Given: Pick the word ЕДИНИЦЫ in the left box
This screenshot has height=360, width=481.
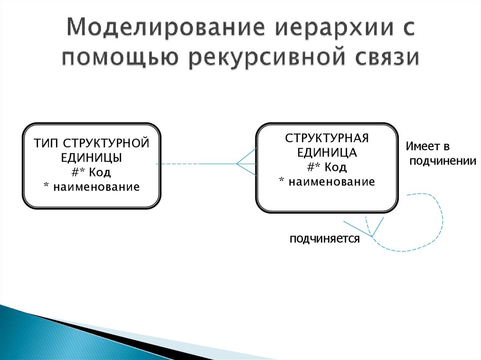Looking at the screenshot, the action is (92, 158).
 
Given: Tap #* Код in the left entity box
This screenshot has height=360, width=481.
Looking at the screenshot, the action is (91, 172).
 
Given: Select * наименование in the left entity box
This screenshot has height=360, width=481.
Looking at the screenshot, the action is (92, 187).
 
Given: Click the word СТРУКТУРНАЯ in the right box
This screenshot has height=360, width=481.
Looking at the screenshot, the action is (327, 138).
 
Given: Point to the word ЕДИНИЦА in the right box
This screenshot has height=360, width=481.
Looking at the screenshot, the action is (327, 153).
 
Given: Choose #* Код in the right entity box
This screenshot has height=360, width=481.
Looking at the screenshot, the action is (327, 167).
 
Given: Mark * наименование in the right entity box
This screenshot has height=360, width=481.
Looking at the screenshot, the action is (327, 182).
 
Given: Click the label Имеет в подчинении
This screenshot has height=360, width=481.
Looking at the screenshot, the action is (441, 153).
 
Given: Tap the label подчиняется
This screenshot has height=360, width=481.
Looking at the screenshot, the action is (325, 238).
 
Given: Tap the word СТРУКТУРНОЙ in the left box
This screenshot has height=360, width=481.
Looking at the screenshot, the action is (107, 143).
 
